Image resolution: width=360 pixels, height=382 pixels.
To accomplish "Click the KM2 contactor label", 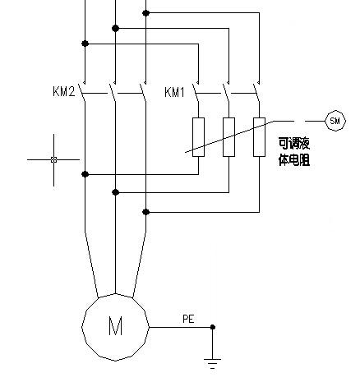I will [x=65, y=91].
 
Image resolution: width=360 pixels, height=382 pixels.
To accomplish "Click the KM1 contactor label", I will [x=175, y=91].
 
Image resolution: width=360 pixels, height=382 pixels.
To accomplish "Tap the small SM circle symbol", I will [x=335, y=121].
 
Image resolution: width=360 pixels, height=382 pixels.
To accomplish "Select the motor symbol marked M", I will [x=115, y=326].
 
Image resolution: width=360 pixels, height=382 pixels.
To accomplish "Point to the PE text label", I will [x=187, y=317].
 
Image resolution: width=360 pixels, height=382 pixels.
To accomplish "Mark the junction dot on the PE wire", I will [x=213, y=327].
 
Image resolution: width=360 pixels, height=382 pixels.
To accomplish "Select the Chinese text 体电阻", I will [x=294, y=162].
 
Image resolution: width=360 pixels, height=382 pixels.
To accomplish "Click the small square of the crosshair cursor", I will [x=53, y=159].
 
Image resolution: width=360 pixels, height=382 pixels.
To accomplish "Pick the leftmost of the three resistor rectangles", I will [x=198, y=136].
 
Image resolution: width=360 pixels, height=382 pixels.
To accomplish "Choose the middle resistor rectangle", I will [x=228, y=136].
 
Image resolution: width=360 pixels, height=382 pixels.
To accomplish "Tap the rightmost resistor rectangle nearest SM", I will [x=259, y=136].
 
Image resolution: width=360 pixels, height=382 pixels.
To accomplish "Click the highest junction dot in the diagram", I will [x=146, y=13].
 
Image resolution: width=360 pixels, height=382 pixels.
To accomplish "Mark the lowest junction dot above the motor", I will [x=146, y=211].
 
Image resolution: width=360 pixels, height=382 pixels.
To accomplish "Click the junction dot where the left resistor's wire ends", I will [x=85, y=173].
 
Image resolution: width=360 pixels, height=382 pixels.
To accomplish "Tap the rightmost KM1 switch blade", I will [x=256, y=92].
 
